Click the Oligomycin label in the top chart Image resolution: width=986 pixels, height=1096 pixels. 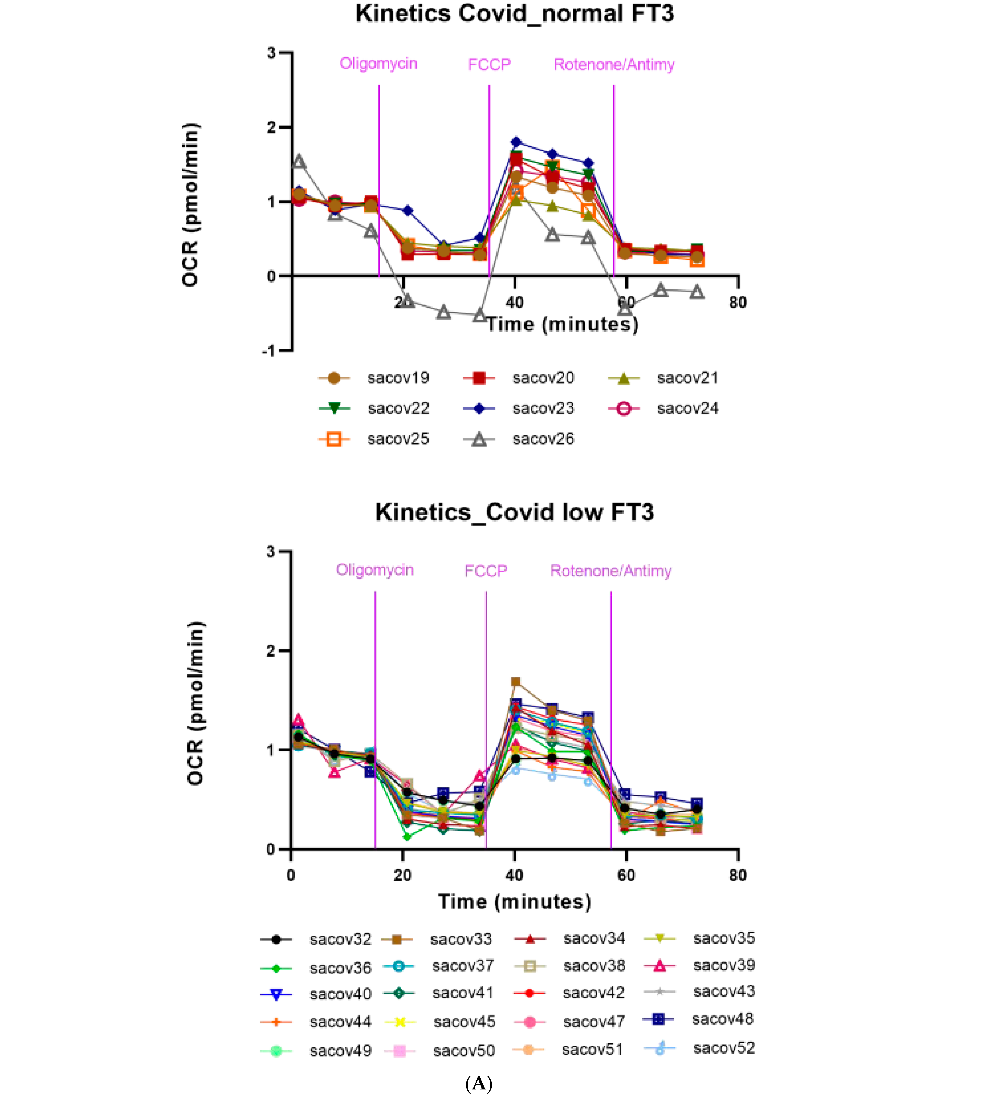coord(378,64)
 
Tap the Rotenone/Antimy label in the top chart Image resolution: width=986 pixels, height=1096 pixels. coord(614,65)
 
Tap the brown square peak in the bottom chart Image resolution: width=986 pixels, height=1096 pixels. coord(516,682)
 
